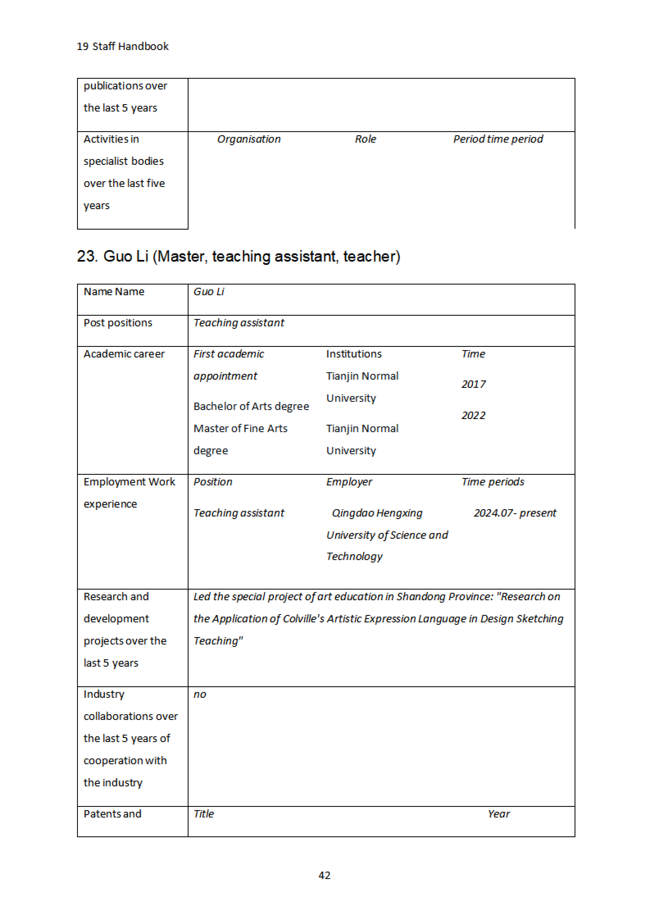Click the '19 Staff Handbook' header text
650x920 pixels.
tap(123, 47)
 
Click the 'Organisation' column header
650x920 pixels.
tap(249, 139)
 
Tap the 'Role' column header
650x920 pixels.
tap(365, 139)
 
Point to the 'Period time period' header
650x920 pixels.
tap(498, 139)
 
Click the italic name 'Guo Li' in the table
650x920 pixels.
tap(209, 292)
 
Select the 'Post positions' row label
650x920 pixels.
tap(118, 323)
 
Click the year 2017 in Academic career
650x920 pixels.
tap(473, 384)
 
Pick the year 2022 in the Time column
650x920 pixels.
tap(473, 416)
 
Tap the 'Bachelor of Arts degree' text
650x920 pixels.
tap(251, 406)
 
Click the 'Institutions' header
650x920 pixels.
tap(354, 354)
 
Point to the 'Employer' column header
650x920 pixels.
tap(349, 482)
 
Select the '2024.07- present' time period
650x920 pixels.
tap(515, 513)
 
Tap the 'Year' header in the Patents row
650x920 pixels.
tap(499, 814)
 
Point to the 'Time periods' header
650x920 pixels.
tap(493, 482)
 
